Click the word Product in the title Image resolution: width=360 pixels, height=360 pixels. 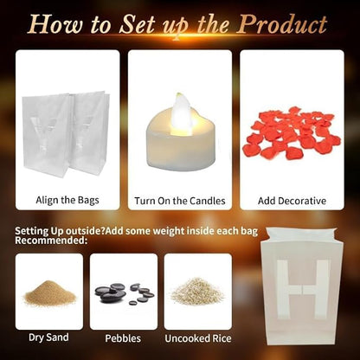[283, 25]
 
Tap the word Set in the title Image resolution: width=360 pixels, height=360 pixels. [138, 25]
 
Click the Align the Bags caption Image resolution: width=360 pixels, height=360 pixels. [67, 200]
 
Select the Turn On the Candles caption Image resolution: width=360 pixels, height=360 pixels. [180, 201]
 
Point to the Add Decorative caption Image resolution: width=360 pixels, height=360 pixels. [292, 201]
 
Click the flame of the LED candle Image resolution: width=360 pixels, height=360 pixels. [183, 113]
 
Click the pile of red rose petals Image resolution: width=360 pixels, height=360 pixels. [292, 133]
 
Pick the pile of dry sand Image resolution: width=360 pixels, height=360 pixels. [49, 293]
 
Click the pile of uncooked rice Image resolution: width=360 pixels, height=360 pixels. [197, 292]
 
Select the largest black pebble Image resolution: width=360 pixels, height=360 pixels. [114, 296]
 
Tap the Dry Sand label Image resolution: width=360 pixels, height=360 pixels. [48, 337]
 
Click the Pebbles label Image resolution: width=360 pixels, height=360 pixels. [123, 338]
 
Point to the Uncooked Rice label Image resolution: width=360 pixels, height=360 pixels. [198, 338]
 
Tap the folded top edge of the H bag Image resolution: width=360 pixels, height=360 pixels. [300, 235]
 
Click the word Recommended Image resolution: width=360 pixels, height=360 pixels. [51, 241]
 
